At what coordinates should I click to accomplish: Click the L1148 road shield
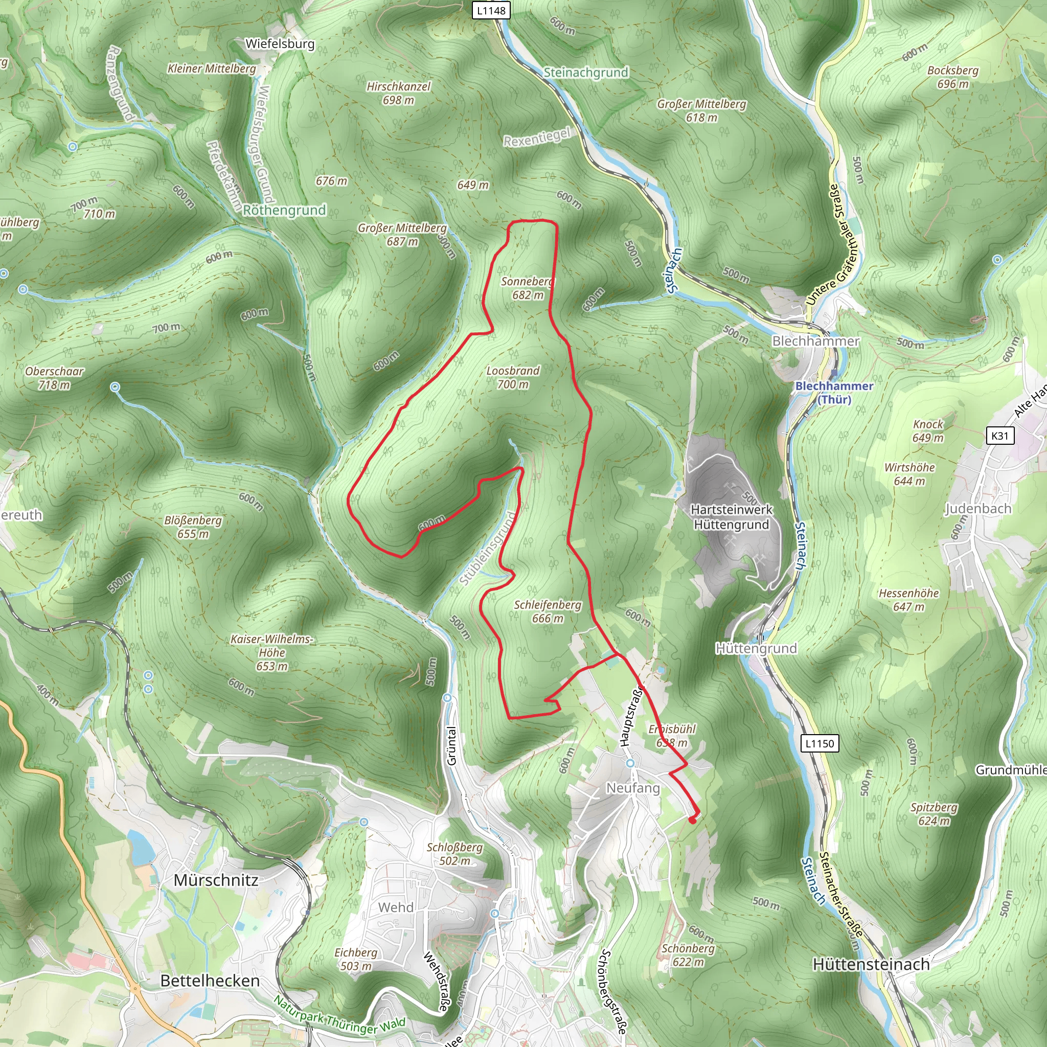[491, 10]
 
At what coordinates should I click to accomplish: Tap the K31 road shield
[1000, 436]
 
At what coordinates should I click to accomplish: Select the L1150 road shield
[820, 743]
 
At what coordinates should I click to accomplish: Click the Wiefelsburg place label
[280, 44]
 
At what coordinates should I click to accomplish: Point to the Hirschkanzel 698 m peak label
[398, 93]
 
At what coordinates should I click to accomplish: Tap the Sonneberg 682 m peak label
[527, 288]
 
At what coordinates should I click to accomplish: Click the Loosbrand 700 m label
[513, 378]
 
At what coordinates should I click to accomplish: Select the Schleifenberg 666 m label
[548, 611]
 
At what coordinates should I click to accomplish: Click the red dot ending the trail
[692, 820]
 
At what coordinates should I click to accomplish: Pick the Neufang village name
[633, 788]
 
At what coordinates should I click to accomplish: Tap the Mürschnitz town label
[216, 880]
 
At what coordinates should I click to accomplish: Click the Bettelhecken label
[210, 981]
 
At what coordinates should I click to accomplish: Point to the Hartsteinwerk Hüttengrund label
[732, 517]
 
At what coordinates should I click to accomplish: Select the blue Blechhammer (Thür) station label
[834, 392]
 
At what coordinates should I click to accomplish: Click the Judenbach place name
[978, 509]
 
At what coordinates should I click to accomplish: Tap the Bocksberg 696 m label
[953, 77]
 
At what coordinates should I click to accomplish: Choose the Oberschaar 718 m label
[54, 378]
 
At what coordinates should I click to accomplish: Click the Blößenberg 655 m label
[193, 527]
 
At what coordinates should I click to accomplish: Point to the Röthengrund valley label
[285, 210]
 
